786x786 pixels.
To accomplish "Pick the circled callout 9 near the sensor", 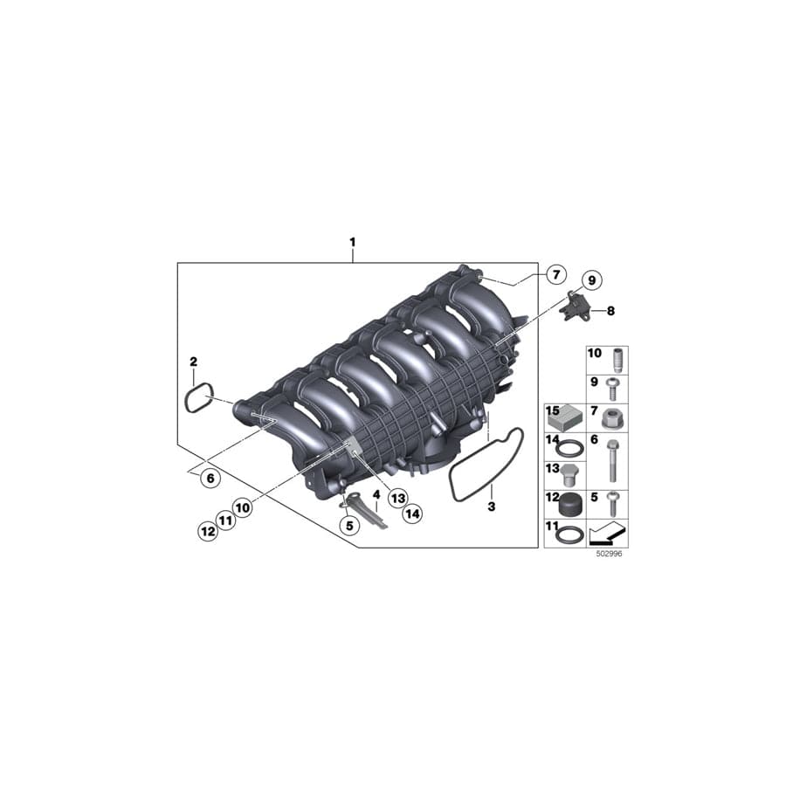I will pyautogui.click(x=590, y=280).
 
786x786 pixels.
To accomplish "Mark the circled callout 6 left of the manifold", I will pyautogui.click(x=208, y=478).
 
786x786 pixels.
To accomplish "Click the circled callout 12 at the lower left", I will pyautogui.click(x=207, y=530).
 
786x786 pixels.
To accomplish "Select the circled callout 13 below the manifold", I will pyautogui.click(x=397, y=498).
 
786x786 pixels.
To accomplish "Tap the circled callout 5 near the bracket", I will pyautogui.click(x=349, y=526).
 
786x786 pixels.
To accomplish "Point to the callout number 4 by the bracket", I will pyautogui.click(x=376, y=494).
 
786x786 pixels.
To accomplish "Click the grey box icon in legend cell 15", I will pyautogui.click(x=564, y=418).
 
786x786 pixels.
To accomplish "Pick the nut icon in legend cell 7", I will pyautogui.click(x=615, y=417).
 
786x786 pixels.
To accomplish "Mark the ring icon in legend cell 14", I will pyautogui.click(x=567, y=449).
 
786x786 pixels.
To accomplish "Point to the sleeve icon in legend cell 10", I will pyautogui.click(x=618, y=360).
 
